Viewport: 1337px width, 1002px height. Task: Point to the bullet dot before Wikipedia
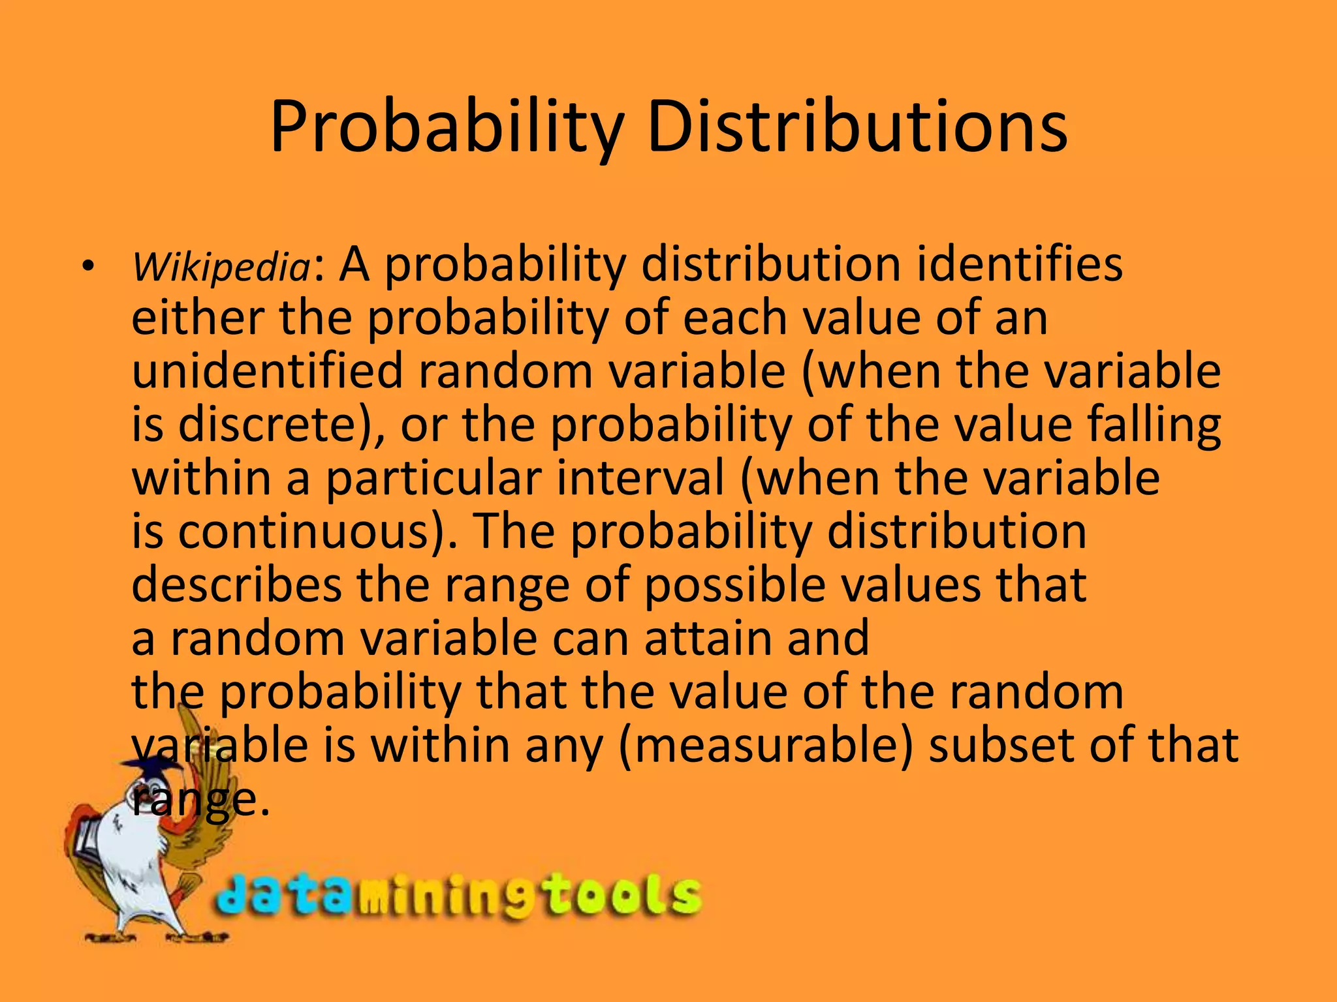87,266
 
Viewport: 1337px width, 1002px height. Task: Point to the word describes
236,585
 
